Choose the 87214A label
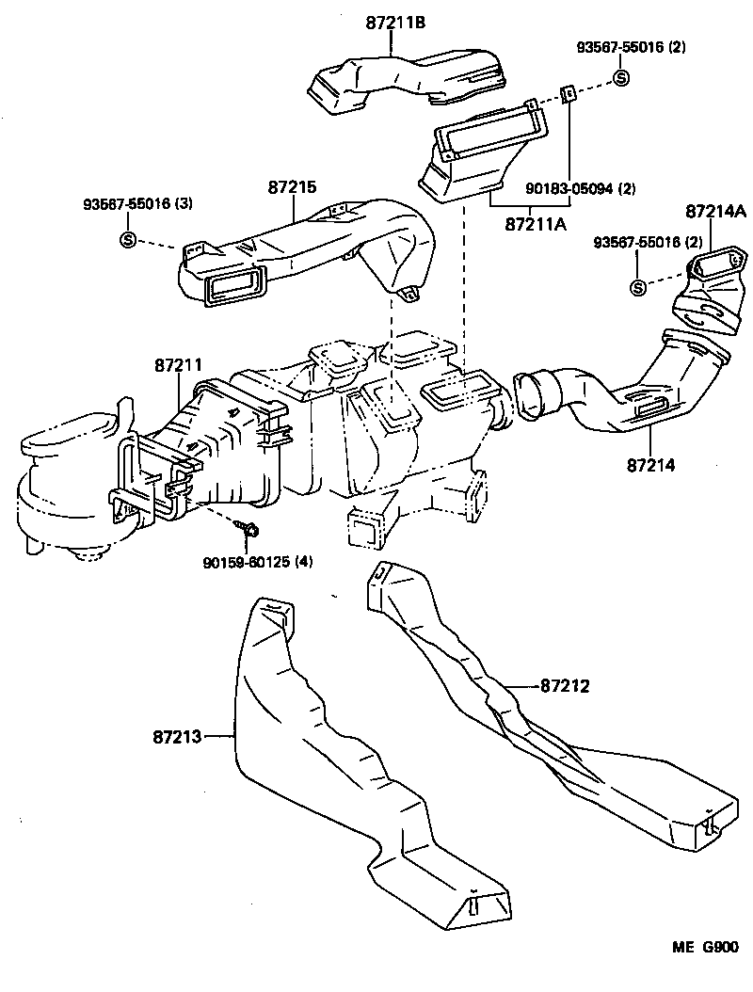click(x=716, y=211)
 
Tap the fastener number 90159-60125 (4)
click(x=257, y=562)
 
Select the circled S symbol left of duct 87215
click(x=128, y=240)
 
